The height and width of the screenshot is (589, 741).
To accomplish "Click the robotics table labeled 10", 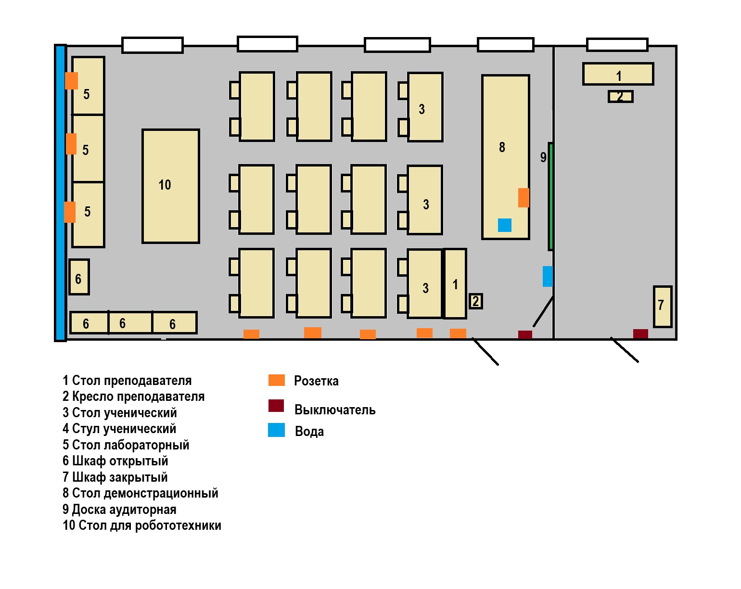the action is point(171,186).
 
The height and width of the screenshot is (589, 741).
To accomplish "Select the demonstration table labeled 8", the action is point(506,157).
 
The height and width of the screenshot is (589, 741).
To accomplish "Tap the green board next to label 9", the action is point(550,196).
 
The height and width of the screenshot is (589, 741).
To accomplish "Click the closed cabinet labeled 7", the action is point(663,307).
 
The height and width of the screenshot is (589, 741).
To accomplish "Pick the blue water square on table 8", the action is point(504,225).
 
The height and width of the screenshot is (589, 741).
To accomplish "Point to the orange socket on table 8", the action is point(524,198).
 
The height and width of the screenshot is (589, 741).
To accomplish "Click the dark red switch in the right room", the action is point(640,334).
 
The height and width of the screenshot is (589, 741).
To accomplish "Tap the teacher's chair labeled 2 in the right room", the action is point(621,96).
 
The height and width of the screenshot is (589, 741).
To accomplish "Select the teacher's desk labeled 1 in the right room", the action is point(618,74).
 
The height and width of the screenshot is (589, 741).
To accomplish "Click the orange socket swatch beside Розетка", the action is point(277,380).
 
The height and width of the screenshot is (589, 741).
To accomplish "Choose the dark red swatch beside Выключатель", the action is point(276,406).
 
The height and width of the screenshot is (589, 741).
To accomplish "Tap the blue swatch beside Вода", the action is point(277,430).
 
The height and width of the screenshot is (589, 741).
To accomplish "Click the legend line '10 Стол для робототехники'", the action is point(142,525).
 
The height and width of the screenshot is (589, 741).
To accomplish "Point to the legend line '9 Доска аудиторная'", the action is point(119,510).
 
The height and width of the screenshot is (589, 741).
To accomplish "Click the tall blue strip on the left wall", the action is point(60,193).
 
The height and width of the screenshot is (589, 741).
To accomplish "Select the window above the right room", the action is point(617,45).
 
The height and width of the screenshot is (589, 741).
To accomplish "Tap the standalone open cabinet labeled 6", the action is point(79,277).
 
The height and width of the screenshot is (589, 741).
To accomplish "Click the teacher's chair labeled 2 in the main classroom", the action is point(475,301).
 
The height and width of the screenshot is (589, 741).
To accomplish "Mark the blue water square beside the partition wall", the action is point(548,276).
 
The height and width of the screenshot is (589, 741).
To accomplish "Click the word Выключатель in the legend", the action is point(335,410).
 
